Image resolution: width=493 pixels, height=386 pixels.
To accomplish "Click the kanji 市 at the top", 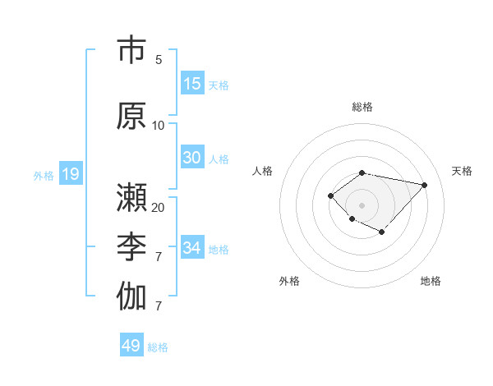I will (x=132, y=51).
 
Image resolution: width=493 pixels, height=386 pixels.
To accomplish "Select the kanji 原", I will (x=132, y=116).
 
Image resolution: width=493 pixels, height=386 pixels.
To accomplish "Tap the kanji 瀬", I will (x=132, y=198).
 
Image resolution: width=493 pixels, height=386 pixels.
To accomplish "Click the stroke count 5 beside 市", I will (x=159, y=60).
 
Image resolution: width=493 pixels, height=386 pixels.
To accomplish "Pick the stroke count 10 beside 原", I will (x=159, y=126).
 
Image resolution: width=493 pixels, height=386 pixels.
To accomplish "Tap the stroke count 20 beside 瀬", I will (x=159, y=207).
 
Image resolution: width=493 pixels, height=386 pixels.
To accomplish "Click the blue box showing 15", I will (x=192, y=84).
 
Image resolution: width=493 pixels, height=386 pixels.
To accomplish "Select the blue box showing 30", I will (x=192, y=158).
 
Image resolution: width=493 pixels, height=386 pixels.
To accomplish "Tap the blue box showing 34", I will (x=192, y=248).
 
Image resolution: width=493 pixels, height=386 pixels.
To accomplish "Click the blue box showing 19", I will (x=70, y=173).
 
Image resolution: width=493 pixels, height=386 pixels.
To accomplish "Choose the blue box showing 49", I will (x=131, y=346).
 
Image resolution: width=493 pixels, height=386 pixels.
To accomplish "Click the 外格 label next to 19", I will (x=44, y=175).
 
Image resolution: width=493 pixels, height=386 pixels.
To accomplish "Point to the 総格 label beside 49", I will (x=158, y=347).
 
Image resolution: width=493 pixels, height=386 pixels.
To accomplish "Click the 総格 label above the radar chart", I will (x=362, y=107).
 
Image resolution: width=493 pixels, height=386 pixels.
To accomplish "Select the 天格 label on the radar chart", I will (x=462, y=171).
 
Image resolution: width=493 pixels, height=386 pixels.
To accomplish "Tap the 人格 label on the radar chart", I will (x=263, y=171).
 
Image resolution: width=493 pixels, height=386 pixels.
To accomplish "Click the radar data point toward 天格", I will (x=425, y=185).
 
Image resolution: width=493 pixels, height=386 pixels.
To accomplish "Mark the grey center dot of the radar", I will (x=362, y=205).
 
